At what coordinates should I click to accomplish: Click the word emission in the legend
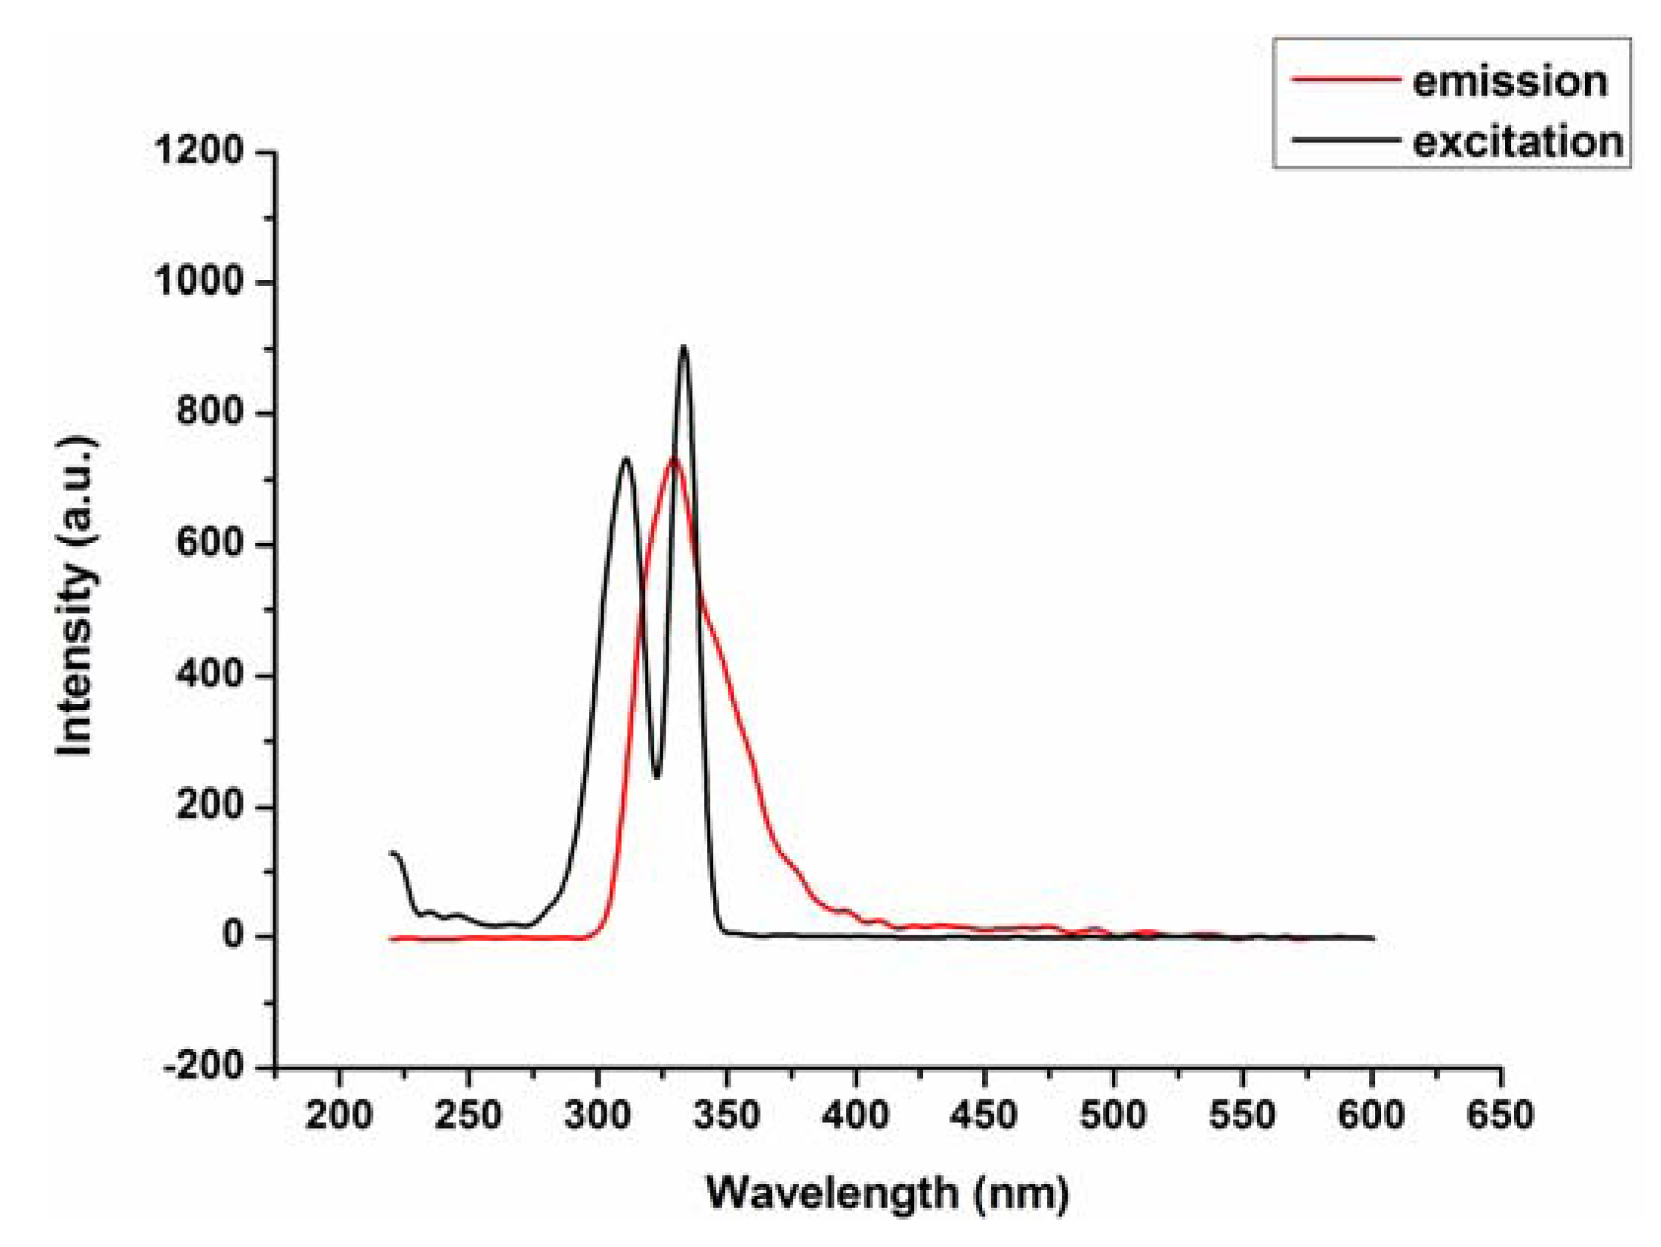[x=1510, y=82]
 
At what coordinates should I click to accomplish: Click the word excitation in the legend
[x=1518, y=142]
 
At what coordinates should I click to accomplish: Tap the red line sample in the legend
[x=1345, y=79]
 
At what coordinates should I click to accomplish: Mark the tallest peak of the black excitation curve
[x=683, y=347]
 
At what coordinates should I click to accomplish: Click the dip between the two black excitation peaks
[x=657, y=777]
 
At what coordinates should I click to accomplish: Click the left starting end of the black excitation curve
[x=391, y=853]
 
